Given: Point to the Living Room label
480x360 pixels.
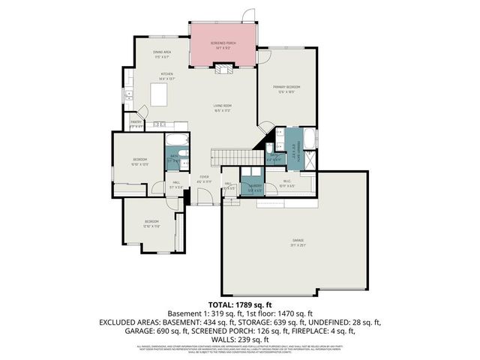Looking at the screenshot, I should point(221,109).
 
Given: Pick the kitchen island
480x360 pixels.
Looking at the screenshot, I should point(159,95).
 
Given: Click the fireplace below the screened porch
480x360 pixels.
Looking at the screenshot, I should point(223,69).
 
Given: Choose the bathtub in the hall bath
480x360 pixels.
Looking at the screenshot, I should point(177,140).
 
